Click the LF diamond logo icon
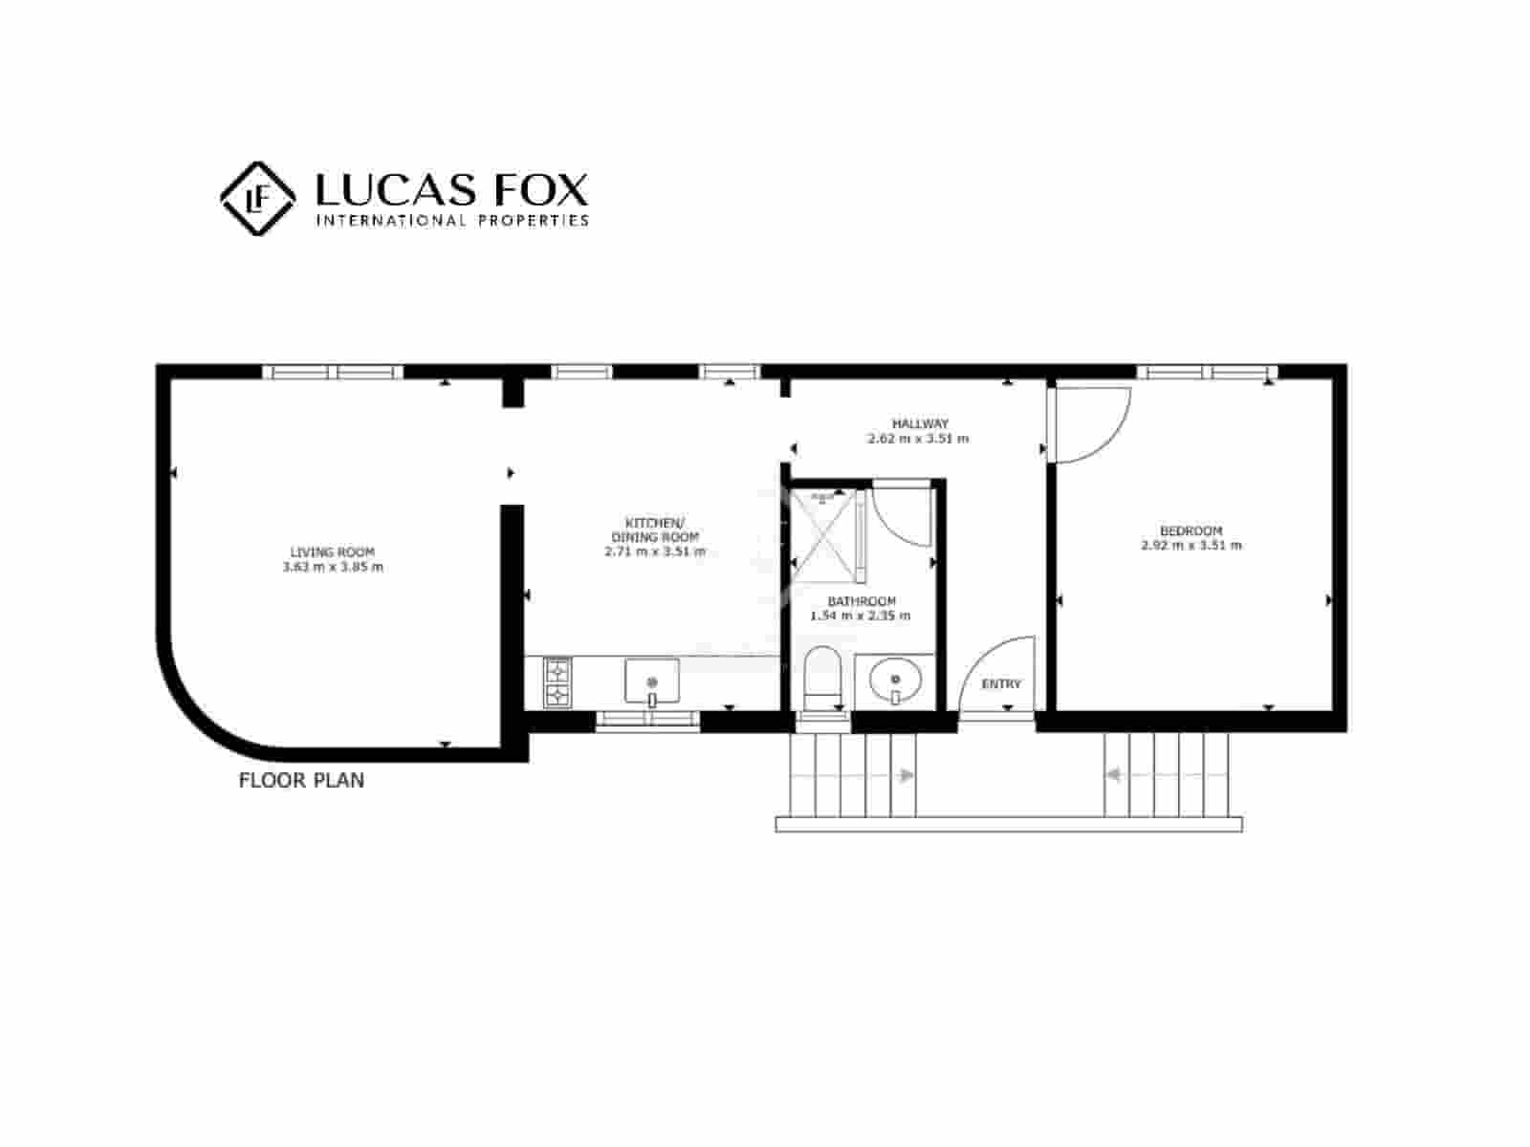pyautogui.click(x=257, y=198)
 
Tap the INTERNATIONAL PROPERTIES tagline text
pyautogui.click(x=451, y=221)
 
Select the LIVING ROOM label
pyautogui.click(x=332, y=552)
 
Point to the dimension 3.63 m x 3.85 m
pyautogui.click(x=332, y=567)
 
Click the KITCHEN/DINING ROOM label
pyautogui.click(x=655, y=530)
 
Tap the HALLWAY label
pyautogui.click(x=919, y=423)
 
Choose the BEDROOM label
pyautogui.click(x=1191, y=530)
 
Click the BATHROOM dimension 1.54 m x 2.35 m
pyautogui.click(x=860, y=616)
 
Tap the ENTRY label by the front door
pyautogui.click(x=1001, y=683)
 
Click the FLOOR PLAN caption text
pyautogui.click(x=301, y=780)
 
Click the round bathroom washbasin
pyautogui.click(x=896, y=680)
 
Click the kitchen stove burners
pyautogui.click(x=557, y=682)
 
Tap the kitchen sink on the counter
pyautogui.click(x=652, y=682)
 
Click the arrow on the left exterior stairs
pyautogui.click(x=905, y=776)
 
